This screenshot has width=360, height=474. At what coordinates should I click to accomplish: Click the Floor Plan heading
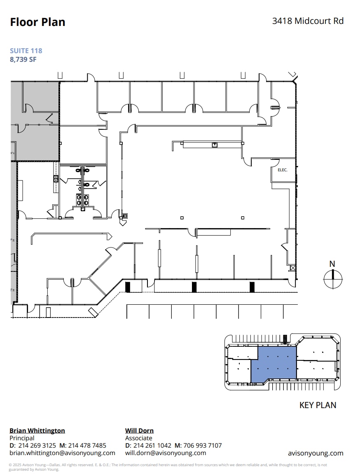coord(37,22)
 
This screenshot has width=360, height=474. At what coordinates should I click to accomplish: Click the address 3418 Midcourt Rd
coord(308,21)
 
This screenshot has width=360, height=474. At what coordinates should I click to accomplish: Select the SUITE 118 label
coord(26,51)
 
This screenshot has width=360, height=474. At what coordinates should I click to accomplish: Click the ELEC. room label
coord(282,170)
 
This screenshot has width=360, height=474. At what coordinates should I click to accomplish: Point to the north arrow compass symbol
coord(333,280)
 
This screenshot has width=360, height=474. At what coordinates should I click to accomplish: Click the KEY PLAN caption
coord(318,405)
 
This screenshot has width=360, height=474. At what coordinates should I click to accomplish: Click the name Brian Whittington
coord(37,431)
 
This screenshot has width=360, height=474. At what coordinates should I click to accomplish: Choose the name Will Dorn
coord(139,431)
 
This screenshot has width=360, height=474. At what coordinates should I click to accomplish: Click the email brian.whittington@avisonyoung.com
coord(62,453)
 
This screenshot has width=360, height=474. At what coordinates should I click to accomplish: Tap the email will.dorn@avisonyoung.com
coord(166,453)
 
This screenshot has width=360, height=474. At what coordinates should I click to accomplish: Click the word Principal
coord(22,438)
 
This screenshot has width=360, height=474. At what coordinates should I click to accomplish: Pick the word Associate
coord(139,438)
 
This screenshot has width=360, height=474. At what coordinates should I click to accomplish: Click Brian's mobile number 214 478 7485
coord(88,446)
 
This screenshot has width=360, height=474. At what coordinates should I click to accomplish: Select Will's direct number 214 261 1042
coord(152,446)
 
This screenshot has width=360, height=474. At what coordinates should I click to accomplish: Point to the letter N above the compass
coord(332,264)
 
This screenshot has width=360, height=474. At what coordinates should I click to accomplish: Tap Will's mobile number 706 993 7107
coord(203,446)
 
